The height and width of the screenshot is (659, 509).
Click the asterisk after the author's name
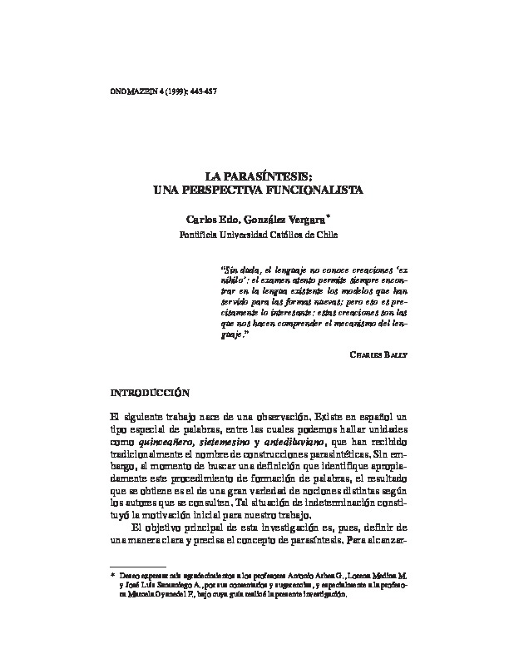point(329,216)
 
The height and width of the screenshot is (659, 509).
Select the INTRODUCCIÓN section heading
point(151,390)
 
